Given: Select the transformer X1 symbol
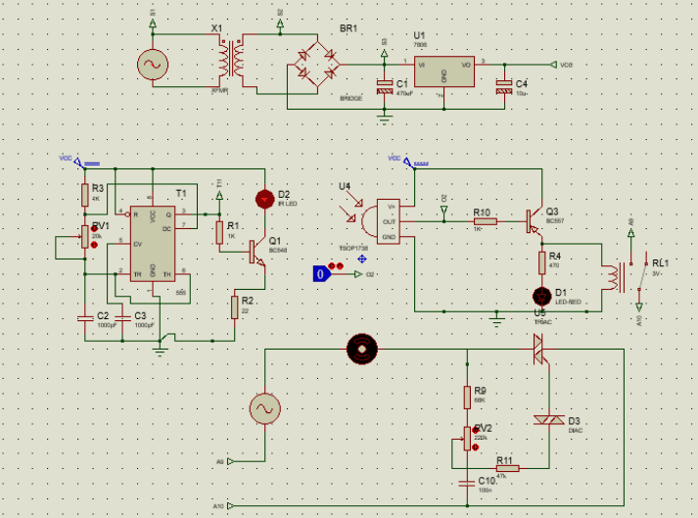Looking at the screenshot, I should (x=233, y=63).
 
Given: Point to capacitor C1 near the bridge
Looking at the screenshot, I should (x=384, y=86).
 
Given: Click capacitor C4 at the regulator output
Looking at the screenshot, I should (x=504, y=86).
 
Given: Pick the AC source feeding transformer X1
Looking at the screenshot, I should (x=154, y=65).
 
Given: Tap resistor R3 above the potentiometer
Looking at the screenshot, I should (x=83, y=193).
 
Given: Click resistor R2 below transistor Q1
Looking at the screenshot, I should (x=235, y=306).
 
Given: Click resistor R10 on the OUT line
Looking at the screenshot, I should (x=485, y=221).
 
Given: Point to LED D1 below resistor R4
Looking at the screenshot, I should (x=541, y=296).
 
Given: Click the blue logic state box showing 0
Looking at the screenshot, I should (x=319, y=274).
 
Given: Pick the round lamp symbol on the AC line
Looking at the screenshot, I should (x=361, y=348).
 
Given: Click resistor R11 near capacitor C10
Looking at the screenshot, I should (x=507, y=468).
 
